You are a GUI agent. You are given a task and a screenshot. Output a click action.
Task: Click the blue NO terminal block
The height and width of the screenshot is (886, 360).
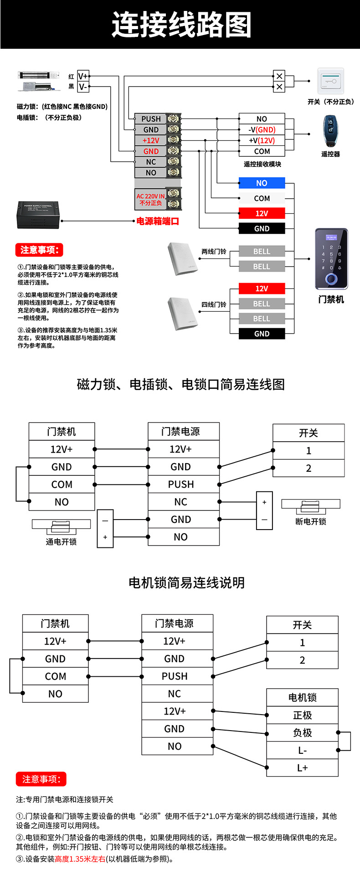(x=262, y=183)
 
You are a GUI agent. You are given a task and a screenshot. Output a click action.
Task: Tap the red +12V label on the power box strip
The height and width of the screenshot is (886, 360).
(x=151, y=140)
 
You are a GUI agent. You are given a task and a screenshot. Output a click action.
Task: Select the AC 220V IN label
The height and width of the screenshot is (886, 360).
(x=151, y=199)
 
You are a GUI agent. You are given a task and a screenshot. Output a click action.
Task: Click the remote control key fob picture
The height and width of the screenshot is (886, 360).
(x=329, y=131)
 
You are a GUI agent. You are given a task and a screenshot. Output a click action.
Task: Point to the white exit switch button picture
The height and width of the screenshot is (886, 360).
(x=330, y=81)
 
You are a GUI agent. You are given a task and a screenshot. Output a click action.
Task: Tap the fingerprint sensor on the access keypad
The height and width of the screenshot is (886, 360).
(x=331, y=279)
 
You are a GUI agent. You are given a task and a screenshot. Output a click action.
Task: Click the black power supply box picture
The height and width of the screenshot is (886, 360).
(x=39, y=215)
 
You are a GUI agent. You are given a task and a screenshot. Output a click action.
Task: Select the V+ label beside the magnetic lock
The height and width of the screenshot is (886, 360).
(x=83, y=76)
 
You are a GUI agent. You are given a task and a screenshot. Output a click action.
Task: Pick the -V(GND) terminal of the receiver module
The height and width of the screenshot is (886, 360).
(x=262, y=130)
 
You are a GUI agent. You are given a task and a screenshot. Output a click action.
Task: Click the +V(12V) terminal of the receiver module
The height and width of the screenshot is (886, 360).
(x=262, y=141)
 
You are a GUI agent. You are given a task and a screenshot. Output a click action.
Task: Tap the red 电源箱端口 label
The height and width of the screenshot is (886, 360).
(x=158, y=221)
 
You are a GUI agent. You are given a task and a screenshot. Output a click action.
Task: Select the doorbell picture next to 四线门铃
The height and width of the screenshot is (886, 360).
(x=182, y=314)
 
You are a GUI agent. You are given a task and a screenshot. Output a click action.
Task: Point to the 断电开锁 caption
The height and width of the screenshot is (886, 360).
(x=311, y=521)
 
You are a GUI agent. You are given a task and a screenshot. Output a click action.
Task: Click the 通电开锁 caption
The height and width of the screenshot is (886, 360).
(x=61, y=542)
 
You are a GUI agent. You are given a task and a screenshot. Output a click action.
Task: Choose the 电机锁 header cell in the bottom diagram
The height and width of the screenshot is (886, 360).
(x=302, y=697)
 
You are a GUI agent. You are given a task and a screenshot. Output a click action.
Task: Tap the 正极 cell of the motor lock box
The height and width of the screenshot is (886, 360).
(x=302, y=715)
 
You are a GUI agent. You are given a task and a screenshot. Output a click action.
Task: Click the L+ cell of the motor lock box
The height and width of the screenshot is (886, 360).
(x=302, y=768)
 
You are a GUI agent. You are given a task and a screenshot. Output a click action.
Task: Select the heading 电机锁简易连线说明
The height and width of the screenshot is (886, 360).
(x=186, y=582)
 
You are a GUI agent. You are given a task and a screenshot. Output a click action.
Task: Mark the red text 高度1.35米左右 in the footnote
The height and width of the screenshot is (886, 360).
(x=80, y=859)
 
